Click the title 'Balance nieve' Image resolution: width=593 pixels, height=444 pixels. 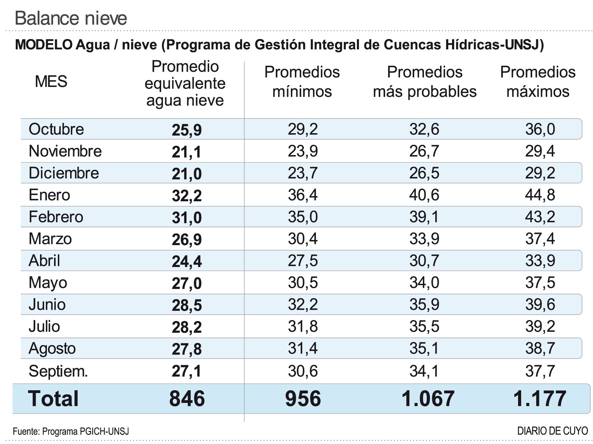tap(71, 18)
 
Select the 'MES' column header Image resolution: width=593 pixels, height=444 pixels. tap(51, 81)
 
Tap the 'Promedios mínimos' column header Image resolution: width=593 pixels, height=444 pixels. tap(302, 82)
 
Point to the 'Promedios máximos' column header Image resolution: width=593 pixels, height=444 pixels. tap(538, 82)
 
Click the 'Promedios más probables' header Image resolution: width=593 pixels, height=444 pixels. tap(425, 82)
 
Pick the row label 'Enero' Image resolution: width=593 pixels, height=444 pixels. tap(49, 195)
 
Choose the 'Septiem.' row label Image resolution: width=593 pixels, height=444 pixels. tap(58, 371)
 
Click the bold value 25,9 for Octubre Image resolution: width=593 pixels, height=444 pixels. tap(186, 130)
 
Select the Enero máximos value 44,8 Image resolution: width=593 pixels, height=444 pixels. tap(540, 195)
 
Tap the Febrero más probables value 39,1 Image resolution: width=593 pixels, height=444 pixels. tap(424, 217)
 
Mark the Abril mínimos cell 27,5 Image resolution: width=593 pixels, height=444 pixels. tap(303, 261)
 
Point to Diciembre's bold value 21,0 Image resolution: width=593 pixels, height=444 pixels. tap(186, 174)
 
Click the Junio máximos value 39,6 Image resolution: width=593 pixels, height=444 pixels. tap(540, 305)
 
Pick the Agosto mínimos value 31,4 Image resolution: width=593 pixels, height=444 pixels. tap(303, 348)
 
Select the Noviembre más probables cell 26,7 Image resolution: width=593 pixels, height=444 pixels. tap(424, 151)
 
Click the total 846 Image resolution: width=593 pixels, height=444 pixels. tap(187, 399)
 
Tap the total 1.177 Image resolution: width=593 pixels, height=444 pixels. tap(540, 399)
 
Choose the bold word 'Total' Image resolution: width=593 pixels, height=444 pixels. tap(53, 399)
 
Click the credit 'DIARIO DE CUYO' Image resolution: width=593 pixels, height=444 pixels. tap(552, 431)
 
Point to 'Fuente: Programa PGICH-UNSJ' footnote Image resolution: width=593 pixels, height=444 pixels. tap(71, 431)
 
